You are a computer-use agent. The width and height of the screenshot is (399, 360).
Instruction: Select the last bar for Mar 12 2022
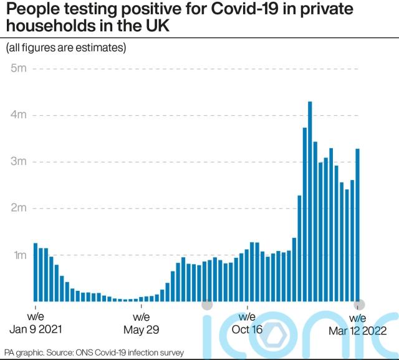tap(358, 225)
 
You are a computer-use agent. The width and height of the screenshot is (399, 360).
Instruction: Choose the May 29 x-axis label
tap(142, 330)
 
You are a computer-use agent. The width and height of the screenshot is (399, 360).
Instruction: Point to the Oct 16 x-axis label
tap(248, 330)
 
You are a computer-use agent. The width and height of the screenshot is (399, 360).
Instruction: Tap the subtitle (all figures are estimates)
tap(65, 48)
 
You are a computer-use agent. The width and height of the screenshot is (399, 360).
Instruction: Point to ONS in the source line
tap(89, 353)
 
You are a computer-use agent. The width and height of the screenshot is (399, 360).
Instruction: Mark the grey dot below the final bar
tap(359, 305)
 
